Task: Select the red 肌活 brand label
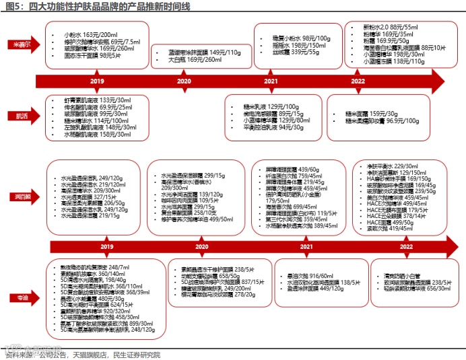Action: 22,116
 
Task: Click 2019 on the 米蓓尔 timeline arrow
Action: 97,81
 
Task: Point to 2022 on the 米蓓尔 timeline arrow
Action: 358,81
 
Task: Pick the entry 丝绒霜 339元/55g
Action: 291,52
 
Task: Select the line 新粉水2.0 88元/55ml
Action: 390,27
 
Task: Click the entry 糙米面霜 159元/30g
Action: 368,112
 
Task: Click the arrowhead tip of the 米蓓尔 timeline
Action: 451,81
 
